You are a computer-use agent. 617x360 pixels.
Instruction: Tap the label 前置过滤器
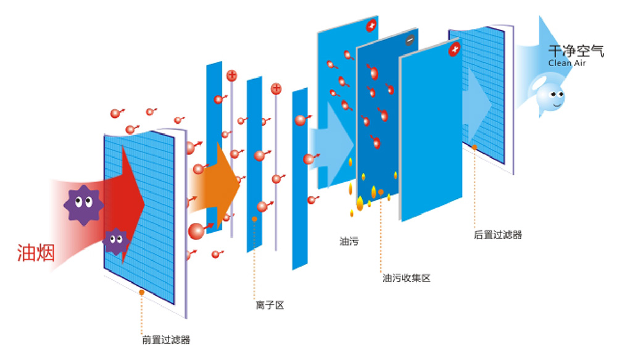coord(166,340)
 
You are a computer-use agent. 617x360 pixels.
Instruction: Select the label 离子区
coord(270,305)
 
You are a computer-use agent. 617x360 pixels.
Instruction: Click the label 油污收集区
coord(406,278)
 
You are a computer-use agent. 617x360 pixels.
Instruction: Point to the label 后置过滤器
coord(498,235)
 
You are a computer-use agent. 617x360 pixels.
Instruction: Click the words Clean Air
coord(567,63)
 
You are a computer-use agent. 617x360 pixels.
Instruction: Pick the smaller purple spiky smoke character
coord(115,240)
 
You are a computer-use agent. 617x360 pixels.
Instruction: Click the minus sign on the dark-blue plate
coord(409,40)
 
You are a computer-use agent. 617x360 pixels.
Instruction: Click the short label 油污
coord(349,241)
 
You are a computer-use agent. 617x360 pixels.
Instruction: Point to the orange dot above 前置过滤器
coord(142,291)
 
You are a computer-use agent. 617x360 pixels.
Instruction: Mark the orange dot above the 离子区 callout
coord(254,219)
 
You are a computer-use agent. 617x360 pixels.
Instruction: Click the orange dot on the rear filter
coord(474,147)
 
